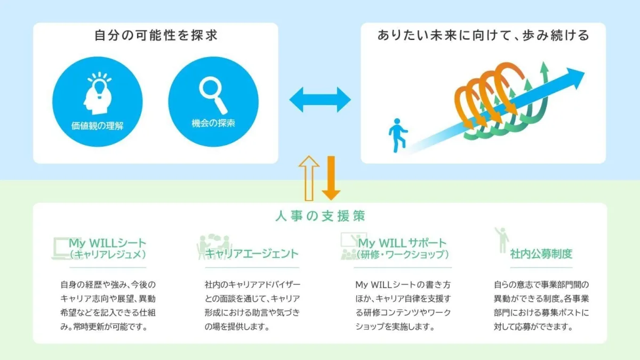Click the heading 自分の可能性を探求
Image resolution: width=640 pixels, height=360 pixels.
coord(156,35)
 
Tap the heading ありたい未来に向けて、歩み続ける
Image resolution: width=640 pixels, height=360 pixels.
coord(483,35)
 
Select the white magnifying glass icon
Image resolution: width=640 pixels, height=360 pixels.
coord(213,95)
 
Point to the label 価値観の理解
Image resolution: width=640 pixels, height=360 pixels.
coord(98,126)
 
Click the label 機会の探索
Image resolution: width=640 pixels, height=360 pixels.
coord(213,123)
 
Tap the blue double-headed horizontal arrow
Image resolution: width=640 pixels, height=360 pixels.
coord(320,100)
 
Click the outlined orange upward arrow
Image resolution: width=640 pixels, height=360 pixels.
coord(309,178)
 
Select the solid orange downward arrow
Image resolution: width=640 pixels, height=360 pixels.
coord(331,178)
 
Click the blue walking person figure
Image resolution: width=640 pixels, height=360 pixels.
coord(397,135)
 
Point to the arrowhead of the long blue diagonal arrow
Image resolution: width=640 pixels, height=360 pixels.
coord(574,78)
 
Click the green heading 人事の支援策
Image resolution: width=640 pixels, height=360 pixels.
coord(320,216)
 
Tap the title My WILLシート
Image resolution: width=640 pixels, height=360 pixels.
coord(107,243)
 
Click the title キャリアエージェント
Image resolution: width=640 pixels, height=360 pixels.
coord(252,254)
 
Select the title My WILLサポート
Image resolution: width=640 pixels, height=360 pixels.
coord(402,243)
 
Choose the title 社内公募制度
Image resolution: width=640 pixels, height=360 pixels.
coord(541,254)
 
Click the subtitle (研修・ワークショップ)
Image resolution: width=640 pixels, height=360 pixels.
coord(403,254)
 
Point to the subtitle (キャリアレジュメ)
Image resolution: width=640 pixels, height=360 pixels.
coord(108,254)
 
